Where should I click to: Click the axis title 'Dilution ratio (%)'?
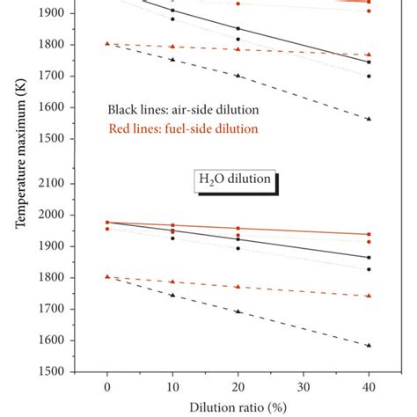(x=238, y=406)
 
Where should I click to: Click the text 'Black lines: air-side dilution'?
(x=183, y=110)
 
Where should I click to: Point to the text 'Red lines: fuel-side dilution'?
(x=183, y=128)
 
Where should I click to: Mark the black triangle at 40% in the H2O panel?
(x=369, y=345)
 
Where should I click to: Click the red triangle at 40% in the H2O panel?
(x=369, y=296)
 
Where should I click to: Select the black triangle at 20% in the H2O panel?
(x=238, y=311)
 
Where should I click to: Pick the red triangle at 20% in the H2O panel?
(x=238, y=286)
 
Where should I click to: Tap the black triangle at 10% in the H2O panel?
(x=172, y=295)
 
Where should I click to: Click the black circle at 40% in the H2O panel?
(x=369, y=269)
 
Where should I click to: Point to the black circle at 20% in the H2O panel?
(x=238, y=248)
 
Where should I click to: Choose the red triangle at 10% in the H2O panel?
(x=172, y=282)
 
